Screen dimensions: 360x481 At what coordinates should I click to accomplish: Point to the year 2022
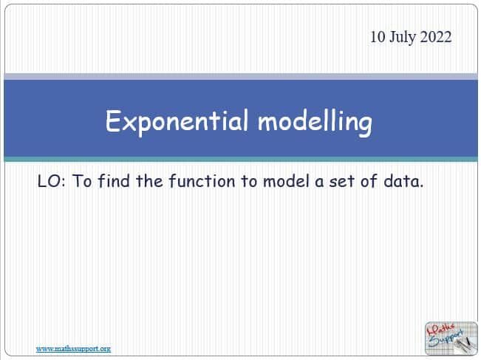point(437,38)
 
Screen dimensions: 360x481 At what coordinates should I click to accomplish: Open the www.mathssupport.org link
point(73,348)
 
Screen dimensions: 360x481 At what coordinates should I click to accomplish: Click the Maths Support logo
point(448,339)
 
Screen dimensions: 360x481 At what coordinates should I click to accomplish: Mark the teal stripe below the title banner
point(240,159)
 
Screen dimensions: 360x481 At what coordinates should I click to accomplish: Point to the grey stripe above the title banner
point(240,76)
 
